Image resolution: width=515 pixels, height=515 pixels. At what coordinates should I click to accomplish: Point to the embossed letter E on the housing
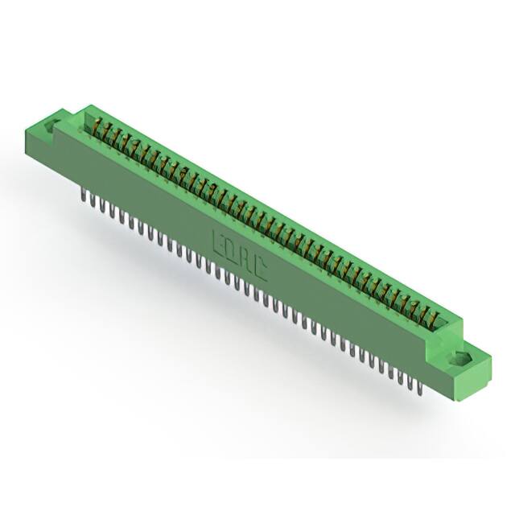217,240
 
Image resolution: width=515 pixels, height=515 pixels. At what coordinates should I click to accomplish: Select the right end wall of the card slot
452,325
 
